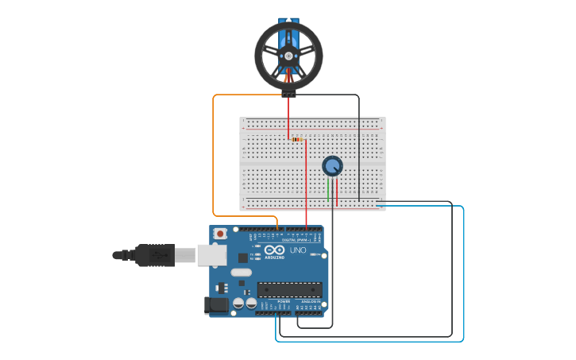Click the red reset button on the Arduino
coord(220,234)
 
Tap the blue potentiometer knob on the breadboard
coord(332,166)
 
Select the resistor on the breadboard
coord(298,140)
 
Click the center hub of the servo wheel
coord(288,55)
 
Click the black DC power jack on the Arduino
coord(215,305)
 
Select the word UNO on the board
coord(298,250)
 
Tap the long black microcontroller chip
coord(289,289)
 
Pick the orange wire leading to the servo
coord(213,159)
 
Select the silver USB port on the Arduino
coord(211,254)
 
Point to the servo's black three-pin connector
coord(288,94)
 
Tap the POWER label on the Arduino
coord(284,302)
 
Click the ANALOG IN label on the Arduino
coord(311,302)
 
